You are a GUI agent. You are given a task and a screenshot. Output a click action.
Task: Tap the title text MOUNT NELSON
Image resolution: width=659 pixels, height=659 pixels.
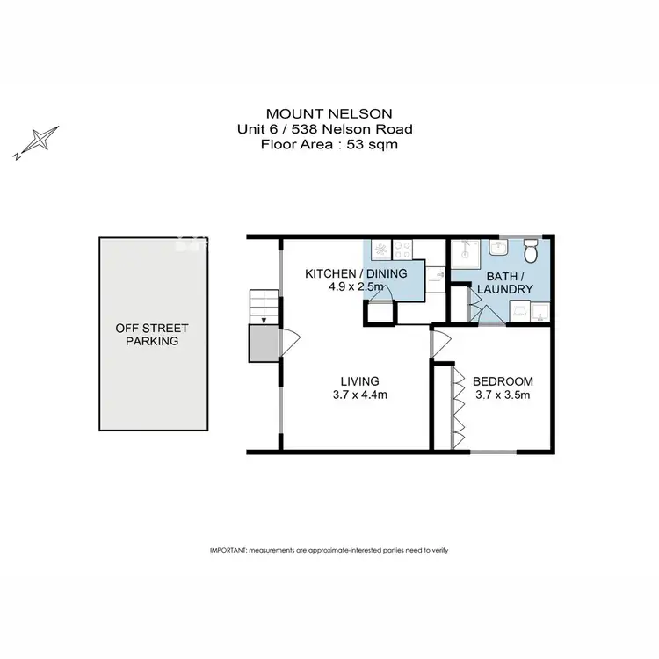(x=329, y=113)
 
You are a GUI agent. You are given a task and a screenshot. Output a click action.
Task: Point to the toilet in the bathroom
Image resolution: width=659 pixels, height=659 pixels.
(x=530, y=253)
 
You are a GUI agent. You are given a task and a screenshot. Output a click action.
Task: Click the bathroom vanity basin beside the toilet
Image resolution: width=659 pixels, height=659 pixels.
(x=497, y=248)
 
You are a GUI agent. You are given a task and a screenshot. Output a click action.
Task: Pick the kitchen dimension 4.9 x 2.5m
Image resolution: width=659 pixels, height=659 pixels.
(x=355, y=287)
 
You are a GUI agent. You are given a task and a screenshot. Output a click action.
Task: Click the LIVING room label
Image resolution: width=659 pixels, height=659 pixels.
(x=359, y=381)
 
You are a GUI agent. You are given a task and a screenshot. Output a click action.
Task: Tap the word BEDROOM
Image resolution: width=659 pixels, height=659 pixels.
(x=503, y=381)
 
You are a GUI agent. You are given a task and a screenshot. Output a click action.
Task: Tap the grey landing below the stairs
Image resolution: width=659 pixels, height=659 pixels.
(x=263, y=343)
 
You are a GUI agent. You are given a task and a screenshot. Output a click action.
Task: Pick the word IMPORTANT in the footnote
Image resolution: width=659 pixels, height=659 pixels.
(x=228, y=549)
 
